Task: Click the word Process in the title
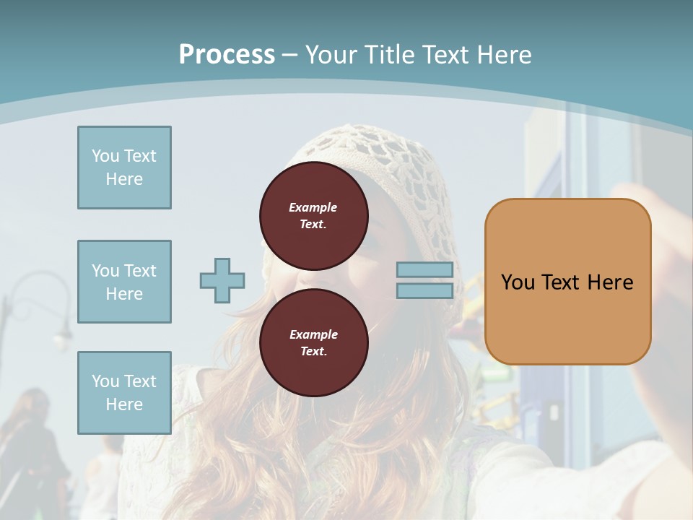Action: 227,55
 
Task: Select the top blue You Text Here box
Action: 124,168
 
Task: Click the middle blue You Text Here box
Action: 124,282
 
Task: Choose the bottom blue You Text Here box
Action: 124,393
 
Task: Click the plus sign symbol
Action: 222,280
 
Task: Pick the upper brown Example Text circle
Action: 313,215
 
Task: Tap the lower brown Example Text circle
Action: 313,342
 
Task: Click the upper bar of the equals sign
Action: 424,270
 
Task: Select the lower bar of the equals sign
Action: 424,290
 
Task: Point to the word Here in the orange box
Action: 610,282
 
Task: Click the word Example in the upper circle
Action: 313,207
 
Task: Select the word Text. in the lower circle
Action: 313,352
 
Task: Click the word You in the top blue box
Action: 105,156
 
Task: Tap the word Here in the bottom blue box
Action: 124,404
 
